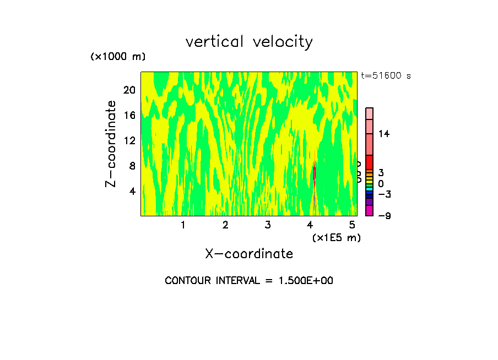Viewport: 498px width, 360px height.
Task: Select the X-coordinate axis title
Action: click(x=249, y=254)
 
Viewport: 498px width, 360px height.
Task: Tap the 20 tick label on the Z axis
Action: click(x=129, y=90)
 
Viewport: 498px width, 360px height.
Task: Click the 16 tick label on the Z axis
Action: click(x=129, y=116)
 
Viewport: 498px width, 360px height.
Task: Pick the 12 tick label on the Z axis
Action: click(x=129, y=141)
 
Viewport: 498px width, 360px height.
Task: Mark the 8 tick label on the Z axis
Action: click(x=132, y=166)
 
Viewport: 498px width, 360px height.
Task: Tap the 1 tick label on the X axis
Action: click(x=183, y=225)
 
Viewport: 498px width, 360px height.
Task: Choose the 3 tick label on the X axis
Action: click(x=268, y=225)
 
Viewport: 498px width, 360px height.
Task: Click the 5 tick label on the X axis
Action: click(x=353, y=225)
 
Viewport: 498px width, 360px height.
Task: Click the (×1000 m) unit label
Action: click(x=117, y=57)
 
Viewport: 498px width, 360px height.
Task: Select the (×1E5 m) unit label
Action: click(x=336, y=237)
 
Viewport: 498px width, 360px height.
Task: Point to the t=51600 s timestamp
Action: click(x=386, y=76)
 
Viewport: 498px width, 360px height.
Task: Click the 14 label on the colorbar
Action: click(x=384, y=134)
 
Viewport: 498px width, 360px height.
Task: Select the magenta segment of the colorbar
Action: click(x=369, y=211)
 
